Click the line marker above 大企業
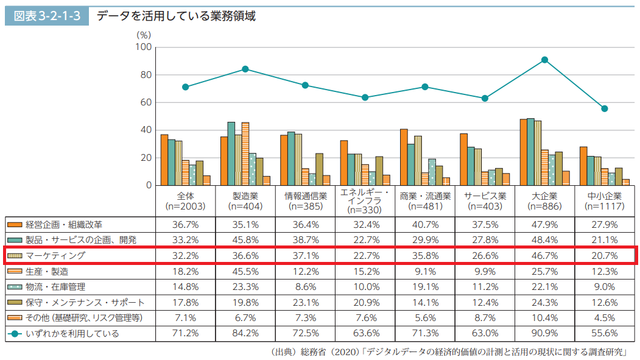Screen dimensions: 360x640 pos(544,60)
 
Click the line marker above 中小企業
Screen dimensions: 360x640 pos(604,108)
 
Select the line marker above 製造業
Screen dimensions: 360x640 pos(245,69)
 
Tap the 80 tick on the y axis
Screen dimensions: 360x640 pos(144,75)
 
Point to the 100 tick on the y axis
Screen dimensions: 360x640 pos(142,47)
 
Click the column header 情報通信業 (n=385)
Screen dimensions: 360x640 pos(305,201)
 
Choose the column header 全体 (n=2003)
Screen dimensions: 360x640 pos(185,201)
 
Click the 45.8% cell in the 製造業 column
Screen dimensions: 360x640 pos(245,239)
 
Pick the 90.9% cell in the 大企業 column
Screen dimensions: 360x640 pos(544,333)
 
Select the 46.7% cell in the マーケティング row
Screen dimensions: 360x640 pos(544,255)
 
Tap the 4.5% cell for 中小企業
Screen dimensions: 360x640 pos(604,317)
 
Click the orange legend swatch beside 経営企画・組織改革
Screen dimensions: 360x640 pos(15,224)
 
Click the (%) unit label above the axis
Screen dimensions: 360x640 pos(144,35)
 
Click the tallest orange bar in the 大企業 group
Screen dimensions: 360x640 pos(524,152)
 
